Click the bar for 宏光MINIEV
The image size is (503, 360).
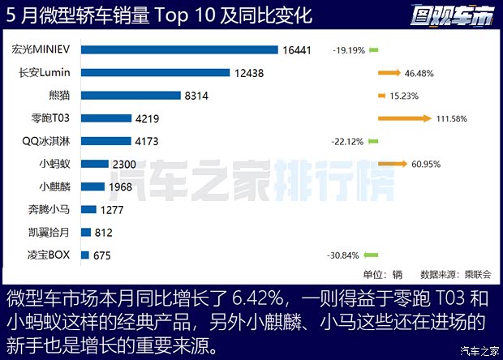pos(180,50)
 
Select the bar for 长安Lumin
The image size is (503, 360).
pos(157,73)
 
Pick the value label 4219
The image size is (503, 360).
pos(148,118)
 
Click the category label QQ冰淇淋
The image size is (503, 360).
pos(46,141)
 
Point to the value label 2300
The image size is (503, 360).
pos(125,164)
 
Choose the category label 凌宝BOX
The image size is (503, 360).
pos(49,255)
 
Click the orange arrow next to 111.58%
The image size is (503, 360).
pos(404,118)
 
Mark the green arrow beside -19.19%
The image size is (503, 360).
pos(373,50)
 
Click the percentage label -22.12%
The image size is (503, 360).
pos(346,141)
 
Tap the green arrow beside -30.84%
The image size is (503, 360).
pos(373,255)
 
